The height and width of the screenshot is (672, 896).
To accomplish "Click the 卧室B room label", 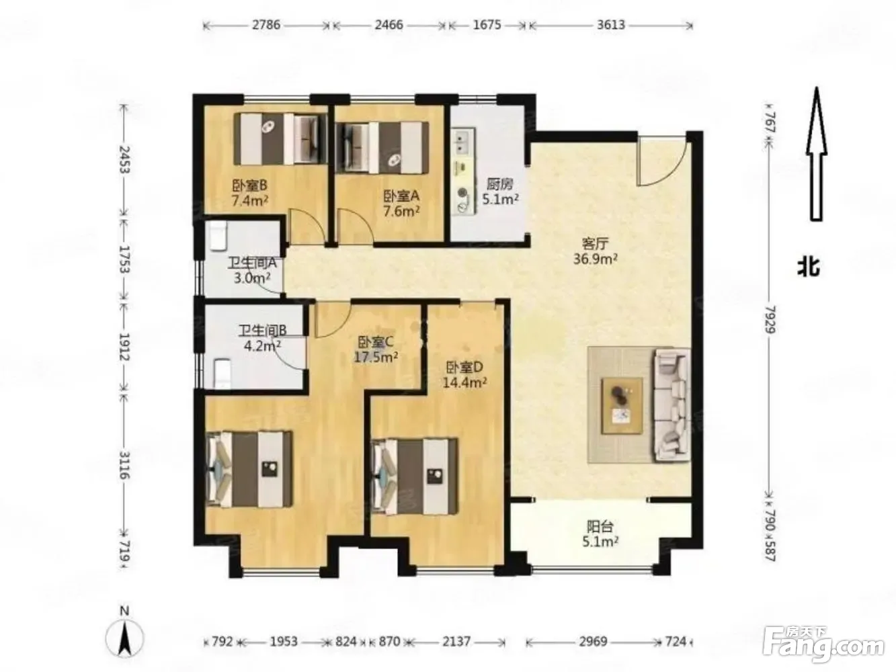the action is tap(250, 193).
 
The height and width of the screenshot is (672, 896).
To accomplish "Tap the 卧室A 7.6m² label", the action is tap(401, 204).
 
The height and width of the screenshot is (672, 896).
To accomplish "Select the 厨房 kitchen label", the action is tap(500, 192).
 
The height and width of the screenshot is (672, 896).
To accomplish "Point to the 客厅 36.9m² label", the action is tap(595, 251).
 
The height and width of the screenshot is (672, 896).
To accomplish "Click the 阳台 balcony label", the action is tap(600, 534).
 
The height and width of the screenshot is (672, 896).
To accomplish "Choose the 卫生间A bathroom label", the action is tap(252, 271).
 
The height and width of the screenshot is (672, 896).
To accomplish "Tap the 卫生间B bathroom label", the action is tap(262, 338).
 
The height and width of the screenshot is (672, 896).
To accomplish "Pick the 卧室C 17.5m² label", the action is tap(376, 349).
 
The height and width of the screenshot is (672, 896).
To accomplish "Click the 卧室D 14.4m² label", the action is tap(464, 375).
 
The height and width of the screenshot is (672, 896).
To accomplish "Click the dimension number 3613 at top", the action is tap(611, 26).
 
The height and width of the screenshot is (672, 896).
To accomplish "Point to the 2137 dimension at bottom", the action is tap(456, 642).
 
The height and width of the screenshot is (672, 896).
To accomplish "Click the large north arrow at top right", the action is tap(816, 154).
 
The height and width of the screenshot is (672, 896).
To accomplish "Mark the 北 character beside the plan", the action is tap(809, 269).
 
